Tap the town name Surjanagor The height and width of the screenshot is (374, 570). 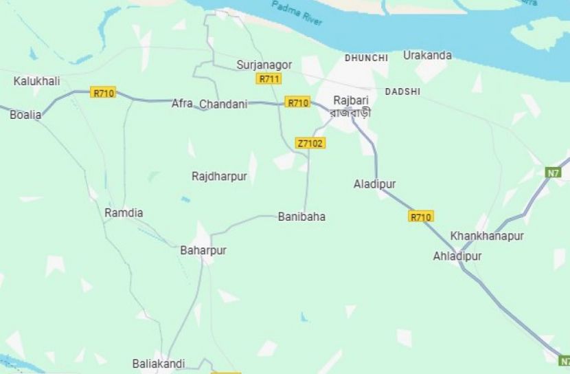pyautogui.click(x=264, y=65)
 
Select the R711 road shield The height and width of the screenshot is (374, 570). pyautogui.click(x=269, y=78)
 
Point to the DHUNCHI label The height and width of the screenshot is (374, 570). pyautogui.click(x=366, y=58)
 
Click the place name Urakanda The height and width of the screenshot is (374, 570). pyautogui.click(x=427, y=55)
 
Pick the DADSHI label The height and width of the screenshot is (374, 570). pyautogui.click(x=402, y=91)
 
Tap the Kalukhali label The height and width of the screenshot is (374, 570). pyautogui.click(x=36, y=81)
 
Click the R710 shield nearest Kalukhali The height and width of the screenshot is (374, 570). pyautogui.click(x=103, y=92)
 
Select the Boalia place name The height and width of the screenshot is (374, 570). pyautogui.click(x=25, y=115)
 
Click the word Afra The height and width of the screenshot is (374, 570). pyautogui.click(x=182, y=103)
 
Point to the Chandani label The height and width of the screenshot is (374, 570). pyautogui.click(x=223, y=104)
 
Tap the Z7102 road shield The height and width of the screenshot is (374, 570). pyautogui.click(x=310, y=143)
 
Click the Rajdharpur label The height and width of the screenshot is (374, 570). pyautogui.click(x=219, y=177)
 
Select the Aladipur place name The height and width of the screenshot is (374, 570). pyautogui.click(x=374, y=184)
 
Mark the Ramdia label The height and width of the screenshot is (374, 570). pyautogui.click(x=124, y=213)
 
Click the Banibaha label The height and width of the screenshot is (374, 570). pyautogui.click(x=301, y=217)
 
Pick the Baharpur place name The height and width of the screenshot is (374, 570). pyautogui.click(x=203, y=250)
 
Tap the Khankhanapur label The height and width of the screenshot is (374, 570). pyautogui.click(x=487, y=236)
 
